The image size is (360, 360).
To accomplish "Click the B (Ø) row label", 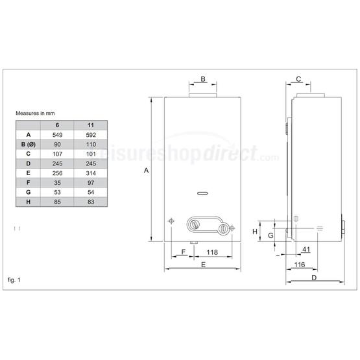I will point(29,143).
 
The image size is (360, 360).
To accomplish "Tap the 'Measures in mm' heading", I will point(33,113).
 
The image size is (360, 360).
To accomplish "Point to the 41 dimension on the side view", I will point(306,250).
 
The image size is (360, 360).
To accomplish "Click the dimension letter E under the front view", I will point(203,265).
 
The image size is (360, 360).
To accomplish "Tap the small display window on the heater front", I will point(202,192).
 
